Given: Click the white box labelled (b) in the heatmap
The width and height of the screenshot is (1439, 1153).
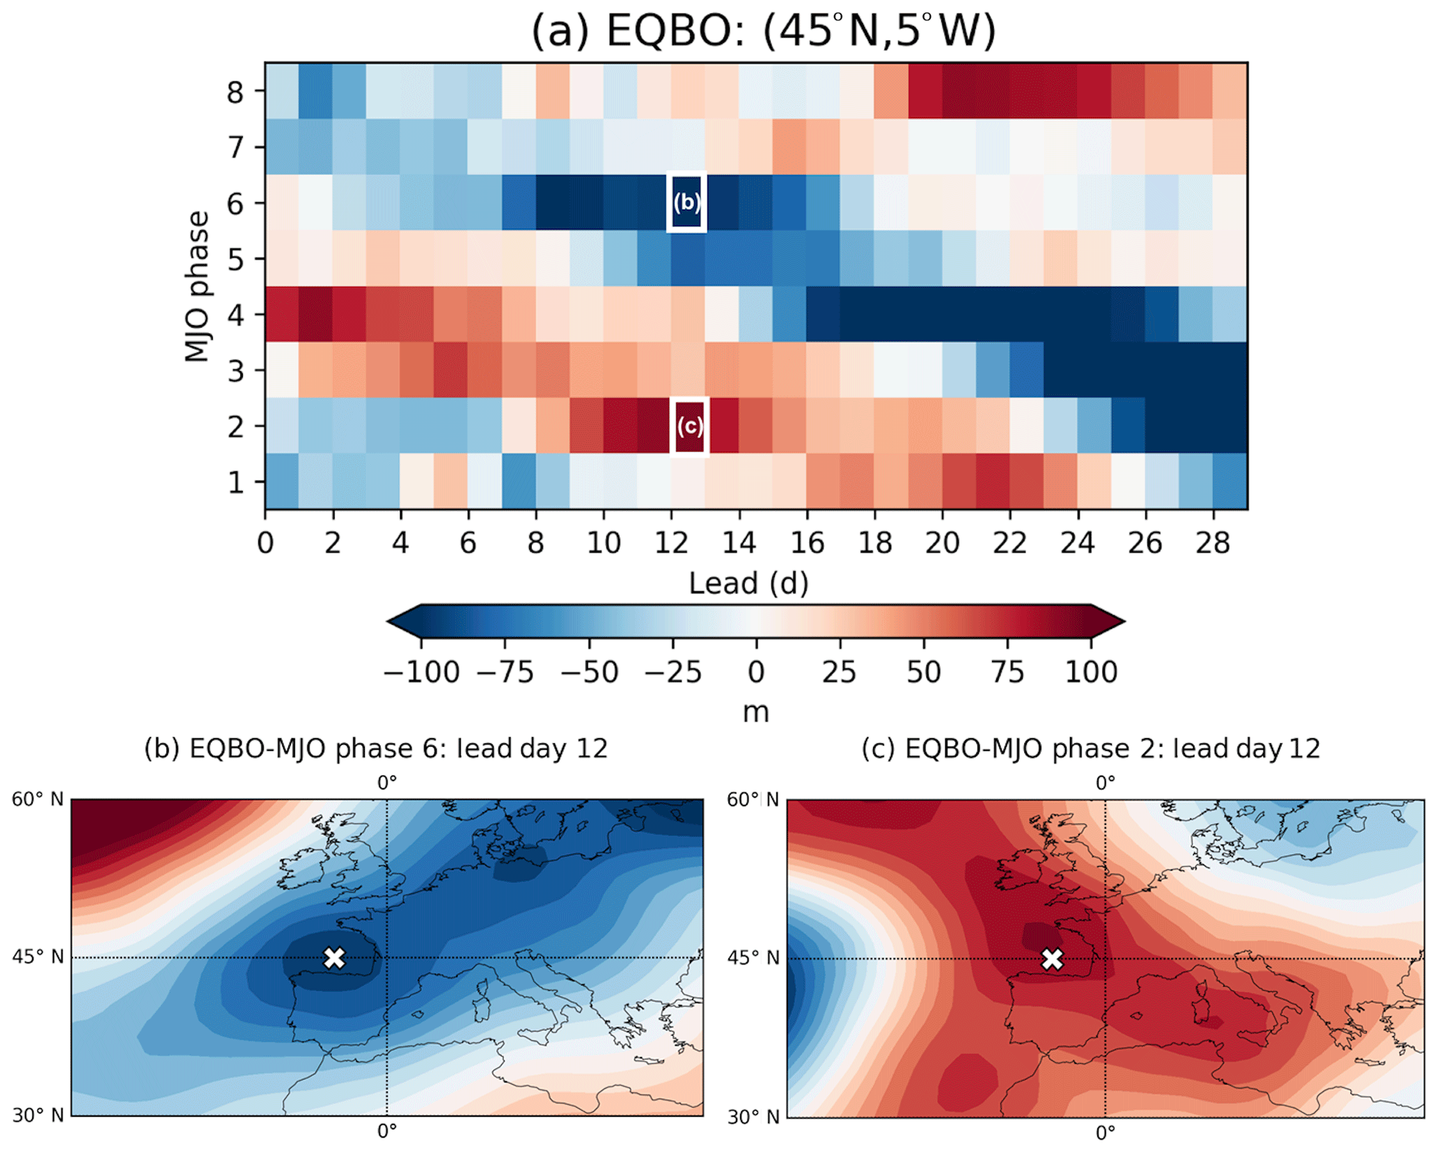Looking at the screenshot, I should [686, 202].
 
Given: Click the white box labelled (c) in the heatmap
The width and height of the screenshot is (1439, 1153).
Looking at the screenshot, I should [689, 425].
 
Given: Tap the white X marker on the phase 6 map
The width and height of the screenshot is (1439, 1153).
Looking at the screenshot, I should [334, 957].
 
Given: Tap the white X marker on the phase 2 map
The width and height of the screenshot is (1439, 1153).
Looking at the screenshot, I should [1052, 959].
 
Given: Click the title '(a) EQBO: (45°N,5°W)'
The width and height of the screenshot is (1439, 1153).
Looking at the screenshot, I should [763, 31].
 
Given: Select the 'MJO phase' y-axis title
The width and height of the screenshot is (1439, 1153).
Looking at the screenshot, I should [198, 286].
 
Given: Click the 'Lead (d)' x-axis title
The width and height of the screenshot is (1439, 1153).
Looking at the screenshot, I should [748, 583].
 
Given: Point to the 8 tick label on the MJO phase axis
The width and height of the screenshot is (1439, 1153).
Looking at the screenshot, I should [235, 91].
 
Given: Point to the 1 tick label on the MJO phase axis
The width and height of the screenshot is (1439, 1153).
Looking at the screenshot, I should [236, 482].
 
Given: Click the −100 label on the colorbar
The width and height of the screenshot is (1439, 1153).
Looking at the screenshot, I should [421, 673].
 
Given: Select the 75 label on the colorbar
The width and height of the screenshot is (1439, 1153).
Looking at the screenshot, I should [1007, 673].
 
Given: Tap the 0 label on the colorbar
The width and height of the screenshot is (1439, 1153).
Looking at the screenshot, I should [756, 673].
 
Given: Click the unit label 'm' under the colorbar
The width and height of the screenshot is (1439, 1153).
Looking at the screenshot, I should [756, 712].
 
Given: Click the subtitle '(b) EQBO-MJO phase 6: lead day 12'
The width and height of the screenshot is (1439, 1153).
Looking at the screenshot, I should [376, 749].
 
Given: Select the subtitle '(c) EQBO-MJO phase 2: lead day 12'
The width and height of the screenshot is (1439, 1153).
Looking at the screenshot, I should [1090, 749].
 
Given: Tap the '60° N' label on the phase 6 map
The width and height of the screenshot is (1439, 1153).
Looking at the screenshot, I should [38, 799].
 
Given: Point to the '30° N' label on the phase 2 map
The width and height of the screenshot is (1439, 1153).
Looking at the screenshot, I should [753, 1117].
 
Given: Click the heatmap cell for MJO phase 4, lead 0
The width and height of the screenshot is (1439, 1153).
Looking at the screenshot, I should [282, 314].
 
